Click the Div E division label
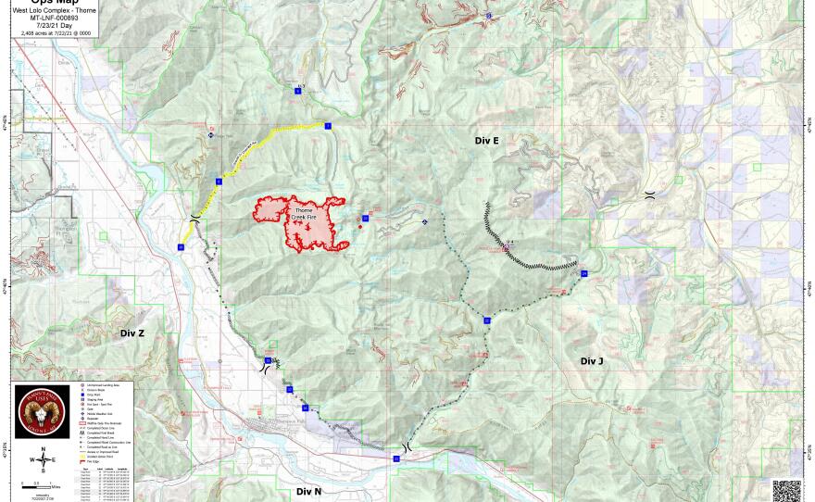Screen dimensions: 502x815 click(486, 141)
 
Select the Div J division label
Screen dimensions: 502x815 click(592, 361)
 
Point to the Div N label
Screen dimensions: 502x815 click(308, 491)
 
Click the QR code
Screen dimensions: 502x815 click(787, 488)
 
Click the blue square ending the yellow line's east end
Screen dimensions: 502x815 click(328, 125)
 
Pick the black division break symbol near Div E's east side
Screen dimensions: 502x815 click(650, 195)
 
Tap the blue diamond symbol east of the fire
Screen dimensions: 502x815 click(424, 222)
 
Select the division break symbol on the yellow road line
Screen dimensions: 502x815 click(194, 218)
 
